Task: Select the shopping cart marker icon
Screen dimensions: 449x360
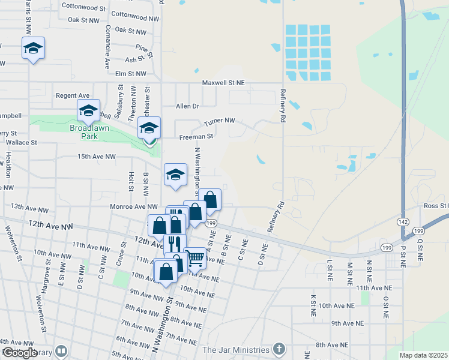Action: point(196,258)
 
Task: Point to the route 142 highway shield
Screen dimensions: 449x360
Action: point(401,221)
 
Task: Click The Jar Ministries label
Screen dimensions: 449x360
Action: point(236,350)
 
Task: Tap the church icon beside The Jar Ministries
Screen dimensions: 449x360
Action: point(279,349)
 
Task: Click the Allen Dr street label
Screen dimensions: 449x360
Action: point(187,106)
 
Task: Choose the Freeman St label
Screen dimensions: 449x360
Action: point(196,137)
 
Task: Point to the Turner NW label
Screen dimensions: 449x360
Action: point(219,121)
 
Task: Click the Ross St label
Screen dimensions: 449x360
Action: point(435,206)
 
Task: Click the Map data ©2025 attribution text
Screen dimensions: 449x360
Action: point(423,355)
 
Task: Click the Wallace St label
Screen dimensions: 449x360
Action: point(22,143)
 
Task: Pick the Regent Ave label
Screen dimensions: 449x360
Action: point(72,95)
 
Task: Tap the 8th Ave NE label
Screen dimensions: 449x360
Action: point(332,345)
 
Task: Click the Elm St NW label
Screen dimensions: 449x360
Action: point(130,73)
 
